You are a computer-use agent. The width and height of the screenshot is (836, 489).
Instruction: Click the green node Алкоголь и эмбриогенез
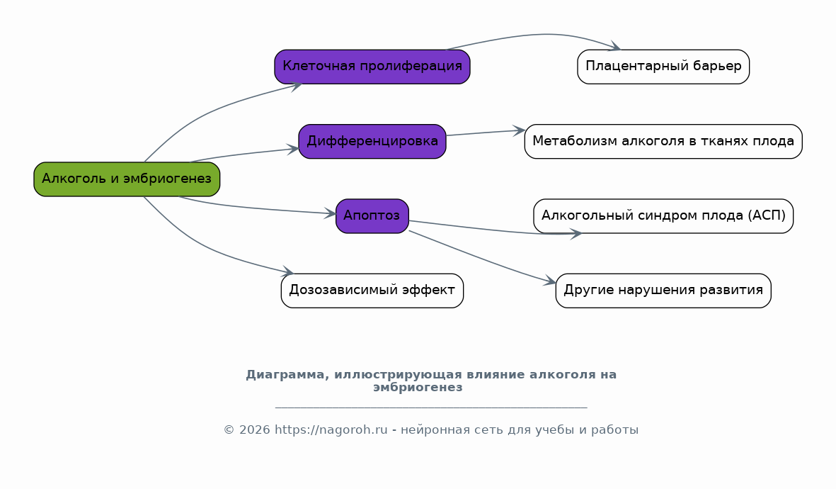(127, 179)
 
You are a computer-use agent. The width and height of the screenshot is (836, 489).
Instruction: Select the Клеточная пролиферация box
(372, 67)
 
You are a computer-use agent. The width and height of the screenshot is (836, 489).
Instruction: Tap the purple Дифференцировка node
(372, 142)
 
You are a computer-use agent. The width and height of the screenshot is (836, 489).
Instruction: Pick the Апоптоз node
(372, 216)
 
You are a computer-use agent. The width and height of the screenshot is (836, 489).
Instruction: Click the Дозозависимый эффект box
(372, 291)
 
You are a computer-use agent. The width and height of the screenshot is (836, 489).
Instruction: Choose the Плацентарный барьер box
(663, 67)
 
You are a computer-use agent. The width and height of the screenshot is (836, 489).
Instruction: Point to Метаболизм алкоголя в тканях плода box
(663, 142)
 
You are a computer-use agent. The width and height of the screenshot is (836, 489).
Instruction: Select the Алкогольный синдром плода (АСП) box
(663, 216)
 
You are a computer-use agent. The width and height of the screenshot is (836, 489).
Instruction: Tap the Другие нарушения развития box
(663, 291)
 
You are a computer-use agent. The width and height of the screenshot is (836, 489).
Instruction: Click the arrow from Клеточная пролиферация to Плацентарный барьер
(539, 35)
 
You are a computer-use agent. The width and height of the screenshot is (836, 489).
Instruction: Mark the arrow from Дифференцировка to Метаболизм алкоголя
(486, 133)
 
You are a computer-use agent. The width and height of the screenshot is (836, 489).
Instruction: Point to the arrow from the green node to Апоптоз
(256, 208)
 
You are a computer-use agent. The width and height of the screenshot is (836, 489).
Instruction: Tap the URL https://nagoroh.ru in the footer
(331, 429)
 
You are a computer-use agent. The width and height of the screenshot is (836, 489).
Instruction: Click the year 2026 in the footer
(254, 429)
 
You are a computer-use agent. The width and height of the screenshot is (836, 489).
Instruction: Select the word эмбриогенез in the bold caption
(418, 388)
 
